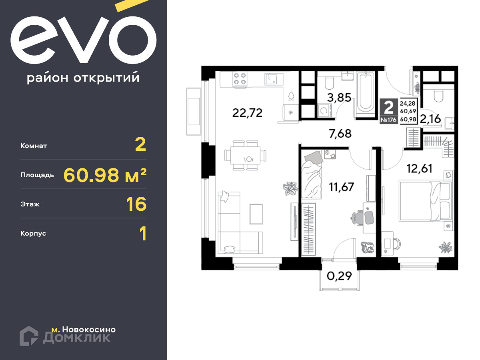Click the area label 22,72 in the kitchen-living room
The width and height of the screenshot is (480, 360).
tap(247, 113)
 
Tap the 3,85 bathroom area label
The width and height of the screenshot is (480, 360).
tap(339, 97)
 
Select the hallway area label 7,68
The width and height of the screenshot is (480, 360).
tap(340, 133)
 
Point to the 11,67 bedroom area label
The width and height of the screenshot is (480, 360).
tap(341, 187)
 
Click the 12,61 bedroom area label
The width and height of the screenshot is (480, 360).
tap(419, 168)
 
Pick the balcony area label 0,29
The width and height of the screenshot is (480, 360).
tap(339, 276)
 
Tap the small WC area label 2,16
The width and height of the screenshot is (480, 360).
tap(430, 119)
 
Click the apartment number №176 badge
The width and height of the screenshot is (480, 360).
tap(388, 120)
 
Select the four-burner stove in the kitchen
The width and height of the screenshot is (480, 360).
tap(240, 79)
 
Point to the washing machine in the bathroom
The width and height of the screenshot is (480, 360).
tap(325, 111)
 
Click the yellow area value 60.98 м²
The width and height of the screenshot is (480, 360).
tap(105, 175)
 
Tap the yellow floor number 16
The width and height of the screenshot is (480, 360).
tap(136, 204)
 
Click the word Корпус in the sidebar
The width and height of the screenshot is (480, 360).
tap(33, 234)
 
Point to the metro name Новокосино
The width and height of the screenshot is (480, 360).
tap(89, 329)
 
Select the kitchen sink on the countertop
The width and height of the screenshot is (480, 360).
tap(274, 79)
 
